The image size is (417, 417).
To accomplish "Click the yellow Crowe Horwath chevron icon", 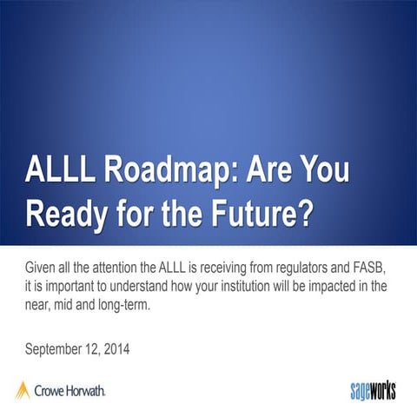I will click(x=23, y=390).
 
